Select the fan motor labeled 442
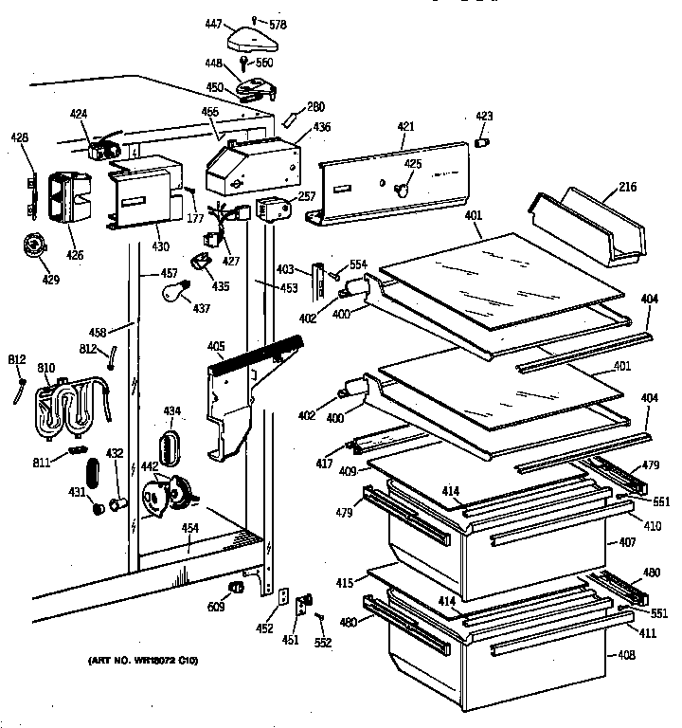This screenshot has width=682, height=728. point(163,493)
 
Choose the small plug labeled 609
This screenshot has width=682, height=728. point(237,588)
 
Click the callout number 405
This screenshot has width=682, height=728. point(216,347)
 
